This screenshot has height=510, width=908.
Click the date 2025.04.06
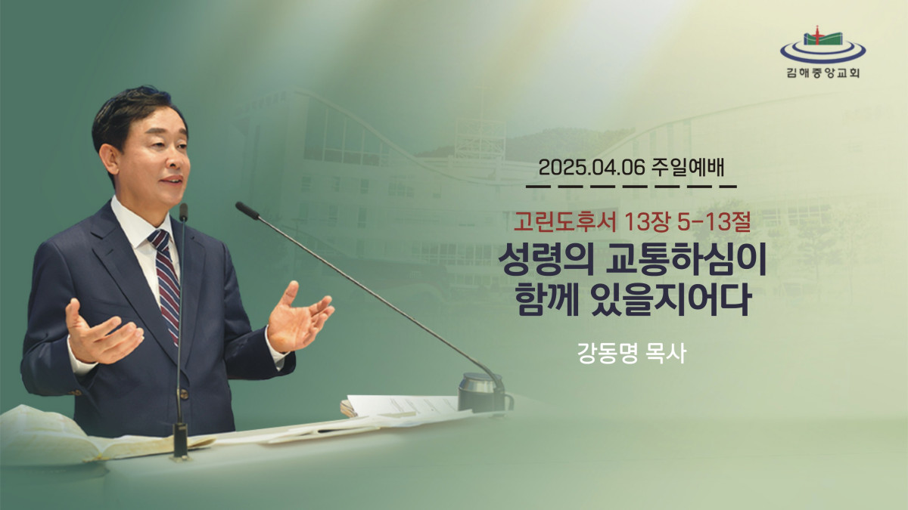(592, 168)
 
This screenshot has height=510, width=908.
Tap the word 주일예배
(688, 168)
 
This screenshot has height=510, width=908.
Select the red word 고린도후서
(564, 223)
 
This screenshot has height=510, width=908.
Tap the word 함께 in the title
(547, 301)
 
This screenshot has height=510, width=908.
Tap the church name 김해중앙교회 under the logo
(823, 73)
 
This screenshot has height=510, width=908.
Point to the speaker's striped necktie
(167, 283)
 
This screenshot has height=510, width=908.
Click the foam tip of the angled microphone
(247, 210)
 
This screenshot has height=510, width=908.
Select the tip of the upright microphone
(183, 212)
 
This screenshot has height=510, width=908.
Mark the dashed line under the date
(631, 187)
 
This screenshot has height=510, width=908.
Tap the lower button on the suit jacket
(185, 393)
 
